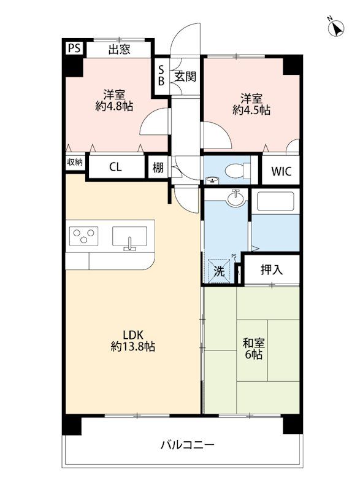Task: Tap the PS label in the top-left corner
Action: (74, 48)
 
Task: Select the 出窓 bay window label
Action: (119, 50)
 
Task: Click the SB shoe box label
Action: (161, 75)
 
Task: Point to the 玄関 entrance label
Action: (185, 76)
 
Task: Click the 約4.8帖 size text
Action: (114, 106)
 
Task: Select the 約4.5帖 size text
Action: (251, 110)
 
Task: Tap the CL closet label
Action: (115, 167)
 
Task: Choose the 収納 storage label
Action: (75, 162)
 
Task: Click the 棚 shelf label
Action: (158, 168)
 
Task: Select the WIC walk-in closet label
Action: (281, 171)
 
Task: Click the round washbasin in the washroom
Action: (236, 198)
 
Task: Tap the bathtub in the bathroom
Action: (275, 201)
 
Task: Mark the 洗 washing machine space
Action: (220, 271)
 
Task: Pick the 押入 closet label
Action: (272, 269)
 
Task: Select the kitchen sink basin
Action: (129, 236)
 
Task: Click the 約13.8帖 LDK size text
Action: (132, 346)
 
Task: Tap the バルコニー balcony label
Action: (187, 444)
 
